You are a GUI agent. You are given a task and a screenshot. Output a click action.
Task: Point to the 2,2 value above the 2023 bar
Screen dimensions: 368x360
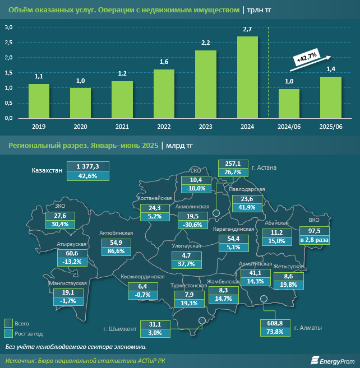coord(205,43)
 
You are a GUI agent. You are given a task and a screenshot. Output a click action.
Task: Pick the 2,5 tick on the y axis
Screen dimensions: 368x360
coord(9,43)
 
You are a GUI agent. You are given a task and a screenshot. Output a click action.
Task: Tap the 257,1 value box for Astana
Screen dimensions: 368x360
coord(233,163)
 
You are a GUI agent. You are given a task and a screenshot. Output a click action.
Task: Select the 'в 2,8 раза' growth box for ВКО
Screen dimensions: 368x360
coord(314,240)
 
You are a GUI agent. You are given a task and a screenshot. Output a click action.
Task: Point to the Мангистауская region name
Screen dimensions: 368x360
coord(67,284)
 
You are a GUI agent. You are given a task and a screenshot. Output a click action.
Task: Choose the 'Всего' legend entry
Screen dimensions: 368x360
coord(22,324)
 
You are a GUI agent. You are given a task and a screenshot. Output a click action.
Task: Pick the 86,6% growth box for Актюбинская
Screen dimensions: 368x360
coord(116,251)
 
